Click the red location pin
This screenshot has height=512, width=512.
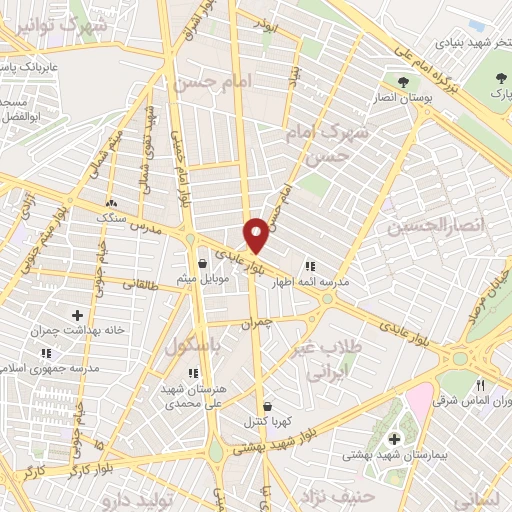click(x=257, y=234)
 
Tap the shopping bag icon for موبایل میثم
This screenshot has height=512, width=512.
click(x=203, y=264)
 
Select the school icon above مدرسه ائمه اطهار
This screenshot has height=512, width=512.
click(x=310, y=266)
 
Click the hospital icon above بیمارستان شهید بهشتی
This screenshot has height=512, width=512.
click(x=394, y=438)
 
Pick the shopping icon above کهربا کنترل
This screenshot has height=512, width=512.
click(x=267, y=406)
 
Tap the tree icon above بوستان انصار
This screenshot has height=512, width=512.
click(x=403, y=82)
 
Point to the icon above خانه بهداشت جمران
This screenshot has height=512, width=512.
click(x=76, y=316)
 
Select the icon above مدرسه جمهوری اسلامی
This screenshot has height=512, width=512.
click(x=47, y=354)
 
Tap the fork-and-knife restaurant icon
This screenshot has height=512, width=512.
click(x=480, y=386)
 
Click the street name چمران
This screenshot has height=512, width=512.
click(x=257, y=325)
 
